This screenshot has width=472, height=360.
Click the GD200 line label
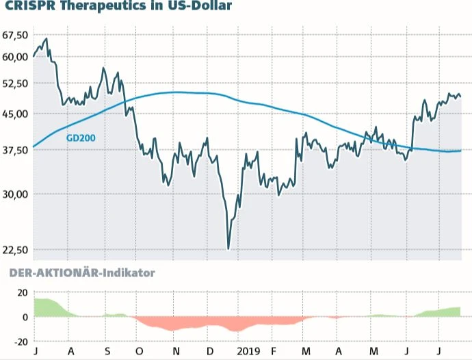point(81,138)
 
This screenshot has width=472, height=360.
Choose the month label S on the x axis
point(107,350)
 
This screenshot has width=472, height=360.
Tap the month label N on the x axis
point(176,350)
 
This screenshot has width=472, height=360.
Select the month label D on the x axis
point(209,350)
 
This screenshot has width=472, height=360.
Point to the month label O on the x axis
point(139,350)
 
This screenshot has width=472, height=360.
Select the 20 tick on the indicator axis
point(21,292)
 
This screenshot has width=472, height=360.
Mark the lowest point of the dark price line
point(228,249)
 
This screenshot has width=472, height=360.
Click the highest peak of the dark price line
point(46,39)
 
